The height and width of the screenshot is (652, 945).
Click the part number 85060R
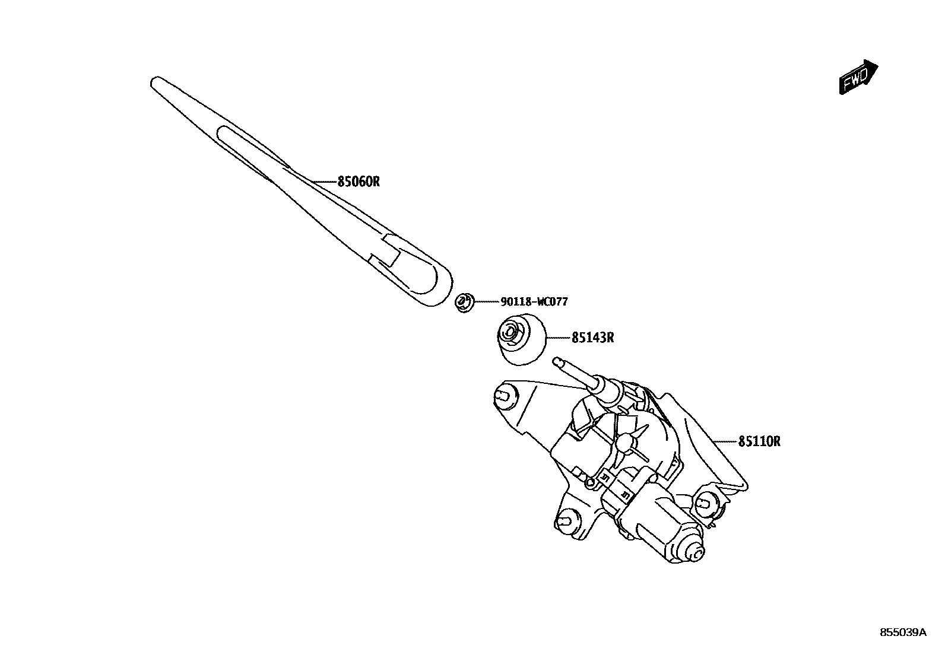(x=358, y=182)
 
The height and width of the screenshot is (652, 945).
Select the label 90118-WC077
(x=534, y=302)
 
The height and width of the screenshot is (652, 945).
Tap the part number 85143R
(x=592, y=338)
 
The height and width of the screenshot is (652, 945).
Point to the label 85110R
(x=759, y=441)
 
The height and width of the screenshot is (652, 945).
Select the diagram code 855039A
(x=902, y=632)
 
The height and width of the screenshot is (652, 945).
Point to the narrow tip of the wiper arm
(x=156, y=81)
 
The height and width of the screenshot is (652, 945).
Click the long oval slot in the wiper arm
(x=243, y=148)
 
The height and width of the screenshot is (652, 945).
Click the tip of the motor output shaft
(x=557, y=361)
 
